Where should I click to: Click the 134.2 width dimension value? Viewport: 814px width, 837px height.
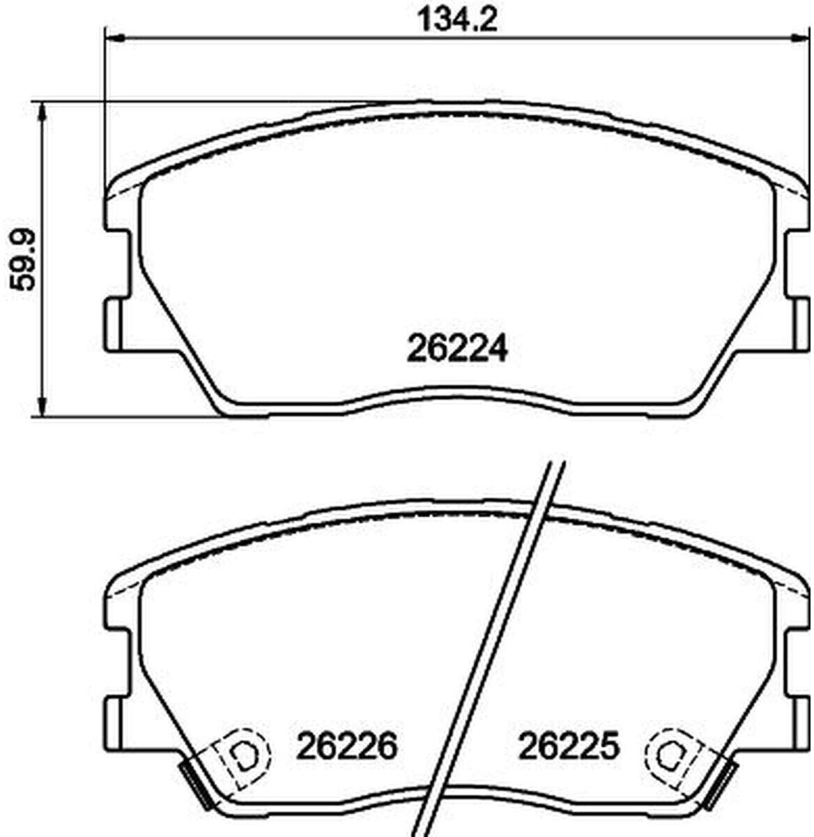pos(458,20)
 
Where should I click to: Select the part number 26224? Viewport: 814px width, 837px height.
pos(457,350)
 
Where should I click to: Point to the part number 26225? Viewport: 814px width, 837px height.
pos(569,746)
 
